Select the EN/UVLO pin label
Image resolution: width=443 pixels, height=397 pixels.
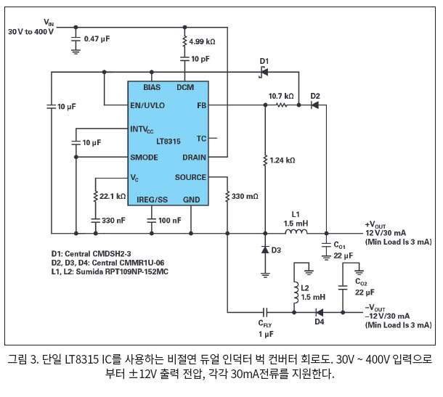(x=147, y=105)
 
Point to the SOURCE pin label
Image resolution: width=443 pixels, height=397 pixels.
(x=190, y=177)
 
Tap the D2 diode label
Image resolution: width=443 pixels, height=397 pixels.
(x=314, y=95)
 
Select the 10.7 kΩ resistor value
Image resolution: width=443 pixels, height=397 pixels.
(x=281, y=95)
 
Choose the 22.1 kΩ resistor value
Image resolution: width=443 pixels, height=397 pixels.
(x=113, y=197)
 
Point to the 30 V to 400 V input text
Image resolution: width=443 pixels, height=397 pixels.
(x=33, y=33)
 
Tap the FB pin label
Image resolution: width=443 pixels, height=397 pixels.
(x=201, y=105)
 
